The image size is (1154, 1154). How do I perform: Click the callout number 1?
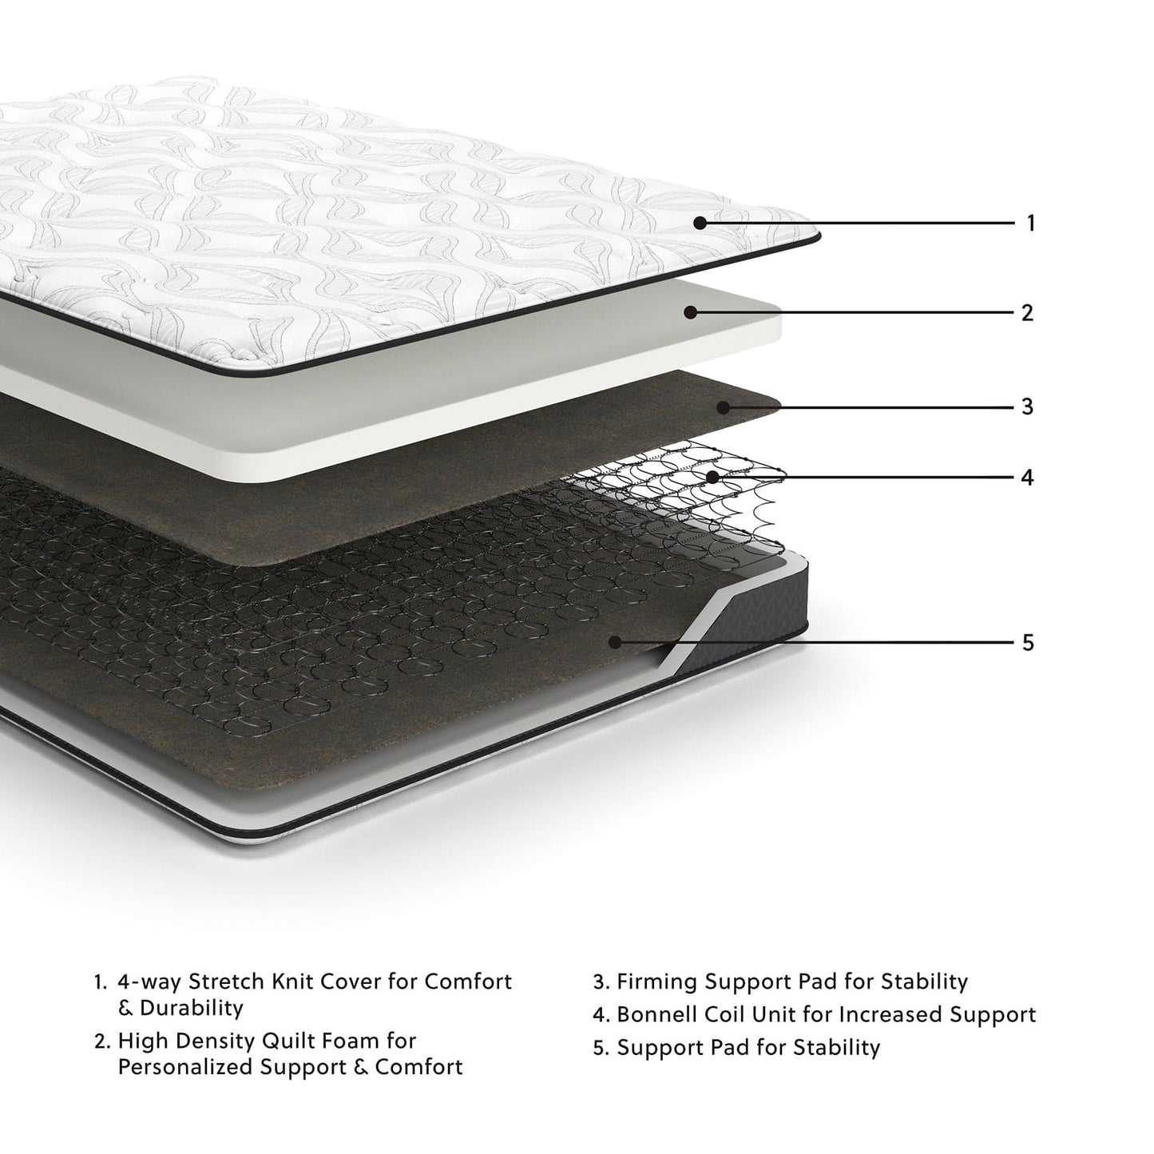(x=1030, y=223)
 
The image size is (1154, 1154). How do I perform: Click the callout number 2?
(x=1028, y=312)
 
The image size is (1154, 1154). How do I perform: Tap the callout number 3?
(x=1028, y=406)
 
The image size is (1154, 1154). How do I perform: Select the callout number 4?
(x=1028, y=477)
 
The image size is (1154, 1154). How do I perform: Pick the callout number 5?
(x=1028, y=642)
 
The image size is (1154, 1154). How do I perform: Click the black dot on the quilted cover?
(x=700, y=223)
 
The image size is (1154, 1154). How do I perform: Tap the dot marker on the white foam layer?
(x=691, y=312)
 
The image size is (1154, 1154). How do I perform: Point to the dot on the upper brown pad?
(x=723, y=407)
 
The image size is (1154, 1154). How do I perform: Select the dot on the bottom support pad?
(x=615, y=641)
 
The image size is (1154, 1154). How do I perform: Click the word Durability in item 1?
(x=192, y=1008)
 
